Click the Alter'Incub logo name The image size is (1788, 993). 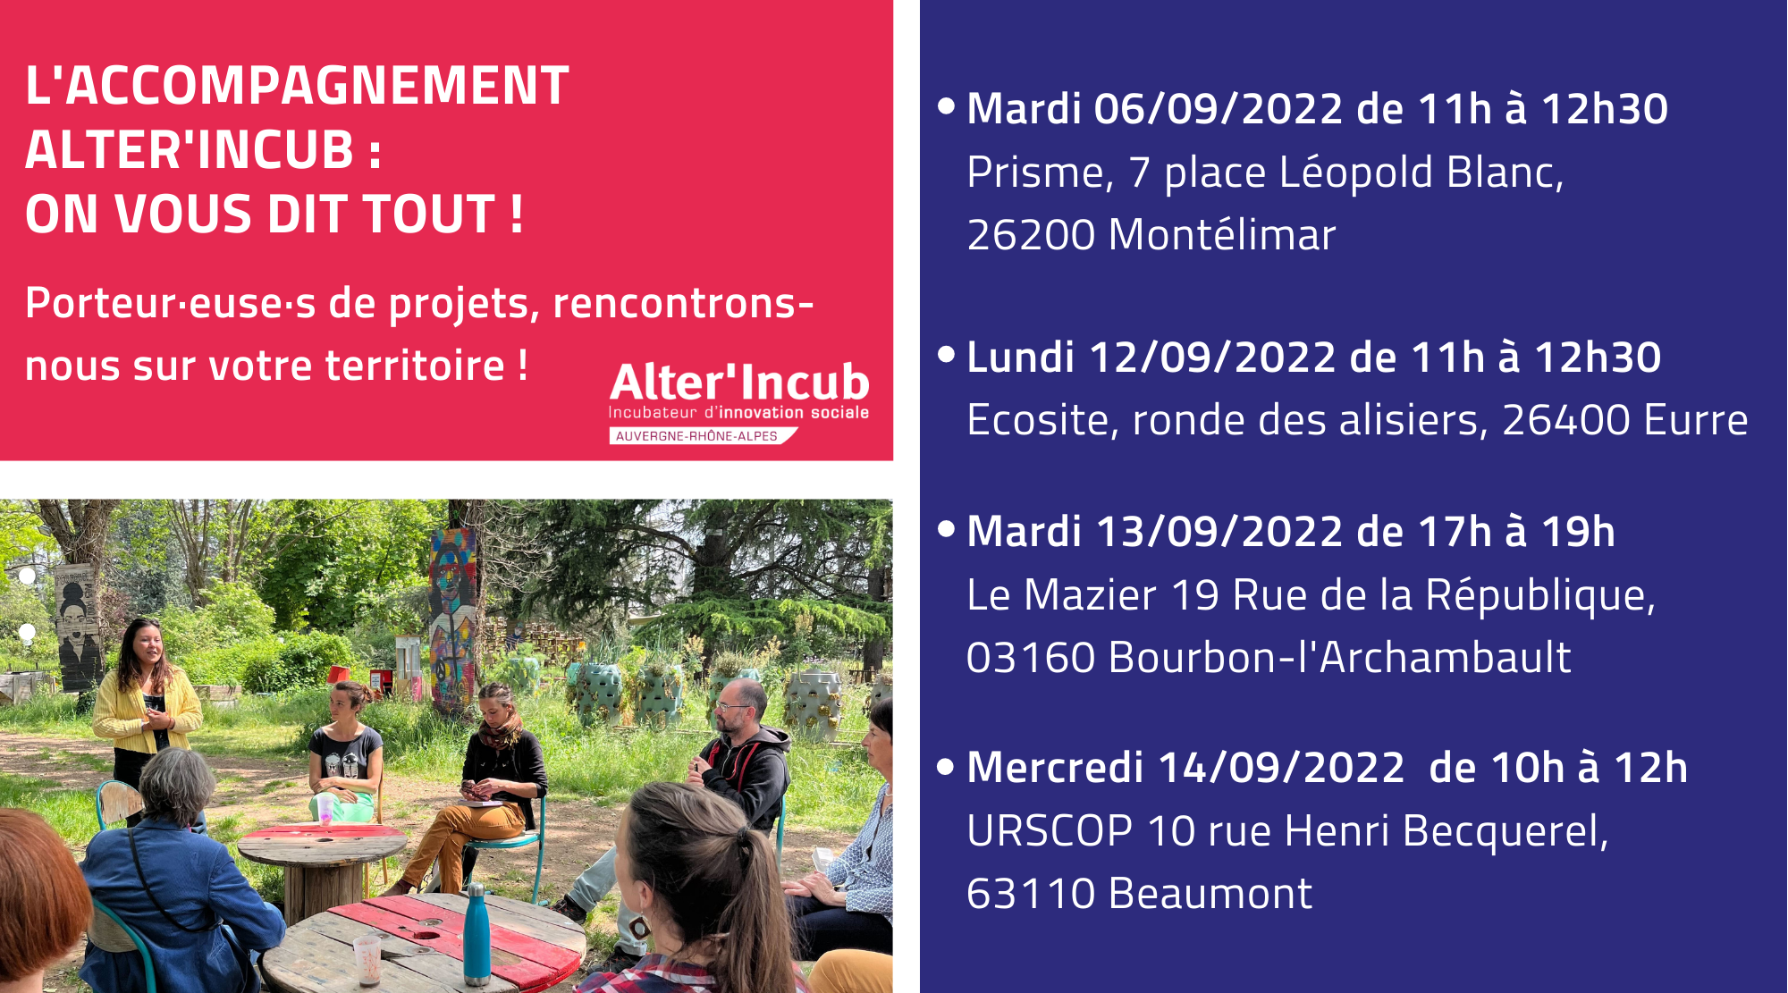coord(739,383)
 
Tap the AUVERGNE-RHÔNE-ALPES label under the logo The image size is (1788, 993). coord(696,436)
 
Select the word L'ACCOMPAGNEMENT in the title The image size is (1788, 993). coord(297,86)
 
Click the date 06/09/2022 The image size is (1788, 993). coord(1219,109)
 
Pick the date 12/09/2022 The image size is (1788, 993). coord(1213,358)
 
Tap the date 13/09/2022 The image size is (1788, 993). coord(1219,532)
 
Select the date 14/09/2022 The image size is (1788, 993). coord(1281,768)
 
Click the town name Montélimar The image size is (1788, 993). coord(1221,235)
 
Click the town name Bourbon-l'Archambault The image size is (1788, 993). coord(1339,658)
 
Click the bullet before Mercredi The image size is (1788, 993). coord(946,767)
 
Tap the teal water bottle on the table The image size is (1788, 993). coord(477,933)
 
